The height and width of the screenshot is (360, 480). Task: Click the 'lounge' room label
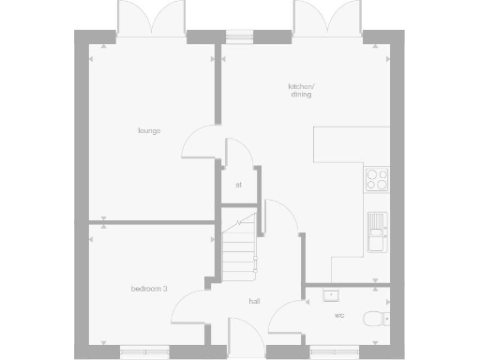point(148,130)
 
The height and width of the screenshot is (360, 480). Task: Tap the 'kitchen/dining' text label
point(301,91)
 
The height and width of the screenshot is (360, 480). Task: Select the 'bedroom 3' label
point(149,289)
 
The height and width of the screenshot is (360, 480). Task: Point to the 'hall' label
point(254,302)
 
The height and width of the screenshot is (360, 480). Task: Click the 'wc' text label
point(338,316)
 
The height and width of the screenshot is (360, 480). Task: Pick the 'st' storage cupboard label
point(238,185)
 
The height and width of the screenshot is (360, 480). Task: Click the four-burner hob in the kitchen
point(376,178)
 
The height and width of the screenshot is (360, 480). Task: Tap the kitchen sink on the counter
point(377,229)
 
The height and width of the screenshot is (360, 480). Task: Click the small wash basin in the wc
point(328,295)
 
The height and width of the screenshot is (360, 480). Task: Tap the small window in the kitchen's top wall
point(239,37)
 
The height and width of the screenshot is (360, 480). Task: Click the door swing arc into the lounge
point(200,145)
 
